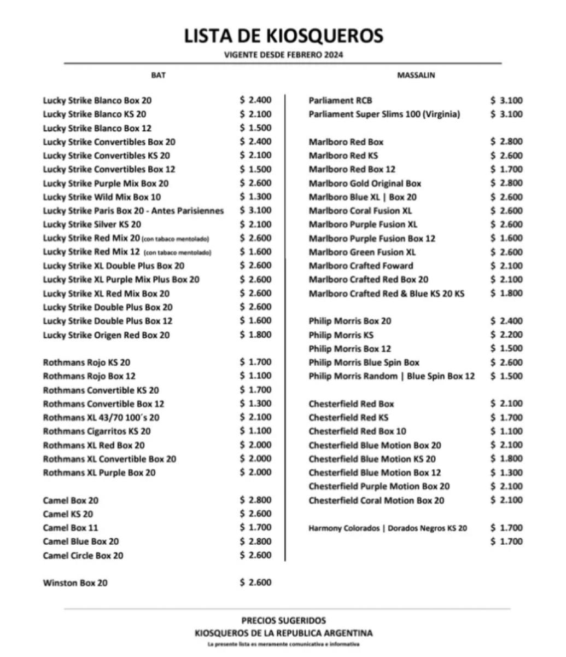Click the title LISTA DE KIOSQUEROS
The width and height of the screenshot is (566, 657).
pos(283,36)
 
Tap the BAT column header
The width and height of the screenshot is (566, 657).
pos(158,75)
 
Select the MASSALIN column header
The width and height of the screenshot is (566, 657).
pos(416,75)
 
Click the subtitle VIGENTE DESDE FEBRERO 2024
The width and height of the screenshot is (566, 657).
pos(283,55)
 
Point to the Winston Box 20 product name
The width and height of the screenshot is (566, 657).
pos(75,583)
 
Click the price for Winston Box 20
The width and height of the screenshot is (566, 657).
pos(255,583)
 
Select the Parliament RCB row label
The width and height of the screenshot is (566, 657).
pos(340,100)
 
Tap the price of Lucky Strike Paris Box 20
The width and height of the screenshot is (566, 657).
pos(255,210)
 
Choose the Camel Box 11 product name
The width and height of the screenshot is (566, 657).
pos(71,528)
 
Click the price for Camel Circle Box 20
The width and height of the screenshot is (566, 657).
pos(255,555)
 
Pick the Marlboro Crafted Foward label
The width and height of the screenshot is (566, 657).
pos(361,266)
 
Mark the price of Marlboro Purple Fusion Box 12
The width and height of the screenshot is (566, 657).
pos(506,238)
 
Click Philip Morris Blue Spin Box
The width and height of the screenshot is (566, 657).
pos(364,362)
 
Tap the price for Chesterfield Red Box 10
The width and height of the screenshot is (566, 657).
pos(506,431)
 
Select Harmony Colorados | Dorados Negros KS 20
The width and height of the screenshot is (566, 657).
pos(388,528)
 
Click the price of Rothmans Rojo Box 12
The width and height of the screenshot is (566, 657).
pos(255,376)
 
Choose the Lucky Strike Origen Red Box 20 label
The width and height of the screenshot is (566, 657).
pos(106,335)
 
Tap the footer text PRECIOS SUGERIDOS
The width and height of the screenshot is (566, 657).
pos(283,620)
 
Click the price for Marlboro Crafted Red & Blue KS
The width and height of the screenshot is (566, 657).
pos(506,293)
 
